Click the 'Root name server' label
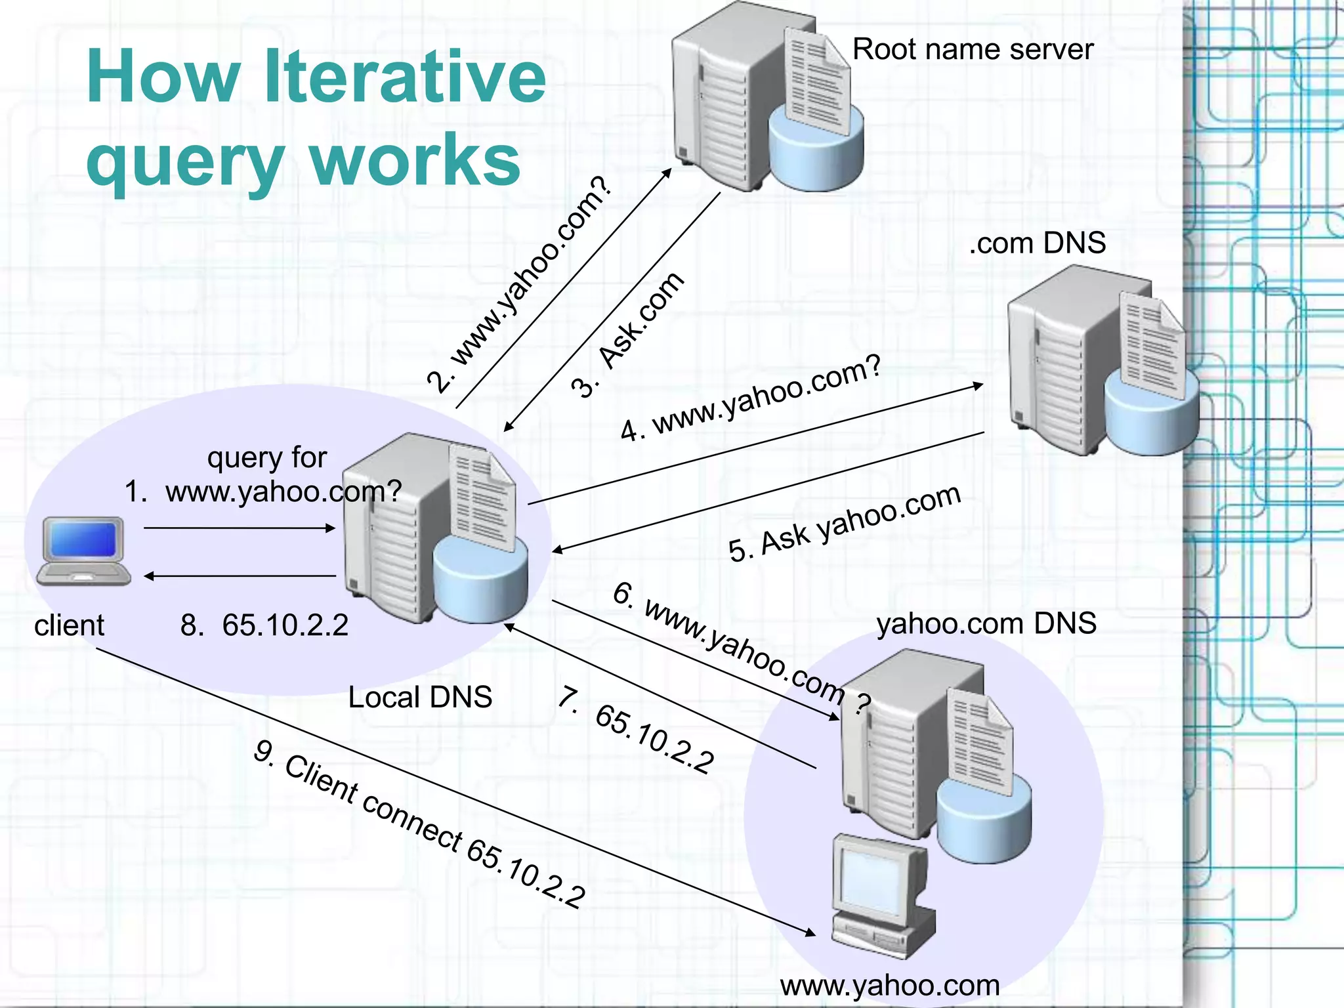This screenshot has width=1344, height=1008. (x=973, y=50)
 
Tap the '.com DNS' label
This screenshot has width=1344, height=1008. (x=1037, y=243)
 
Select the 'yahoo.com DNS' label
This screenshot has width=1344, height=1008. (x=986, y=623)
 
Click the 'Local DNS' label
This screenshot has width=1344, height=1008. (x=420, y=697)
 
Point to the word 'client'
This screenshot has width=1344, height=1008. (x=69, y=625)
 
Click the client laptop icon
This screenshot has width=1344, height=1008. (x=83, y=551)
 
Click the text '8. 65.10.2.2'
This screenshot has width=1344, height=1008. (x=264, y=625)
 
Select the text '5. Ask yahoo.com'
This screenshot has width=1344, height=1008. (x=845, y=523)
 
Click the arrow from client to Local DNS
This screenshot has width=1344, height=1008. (x=239, y=528)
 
